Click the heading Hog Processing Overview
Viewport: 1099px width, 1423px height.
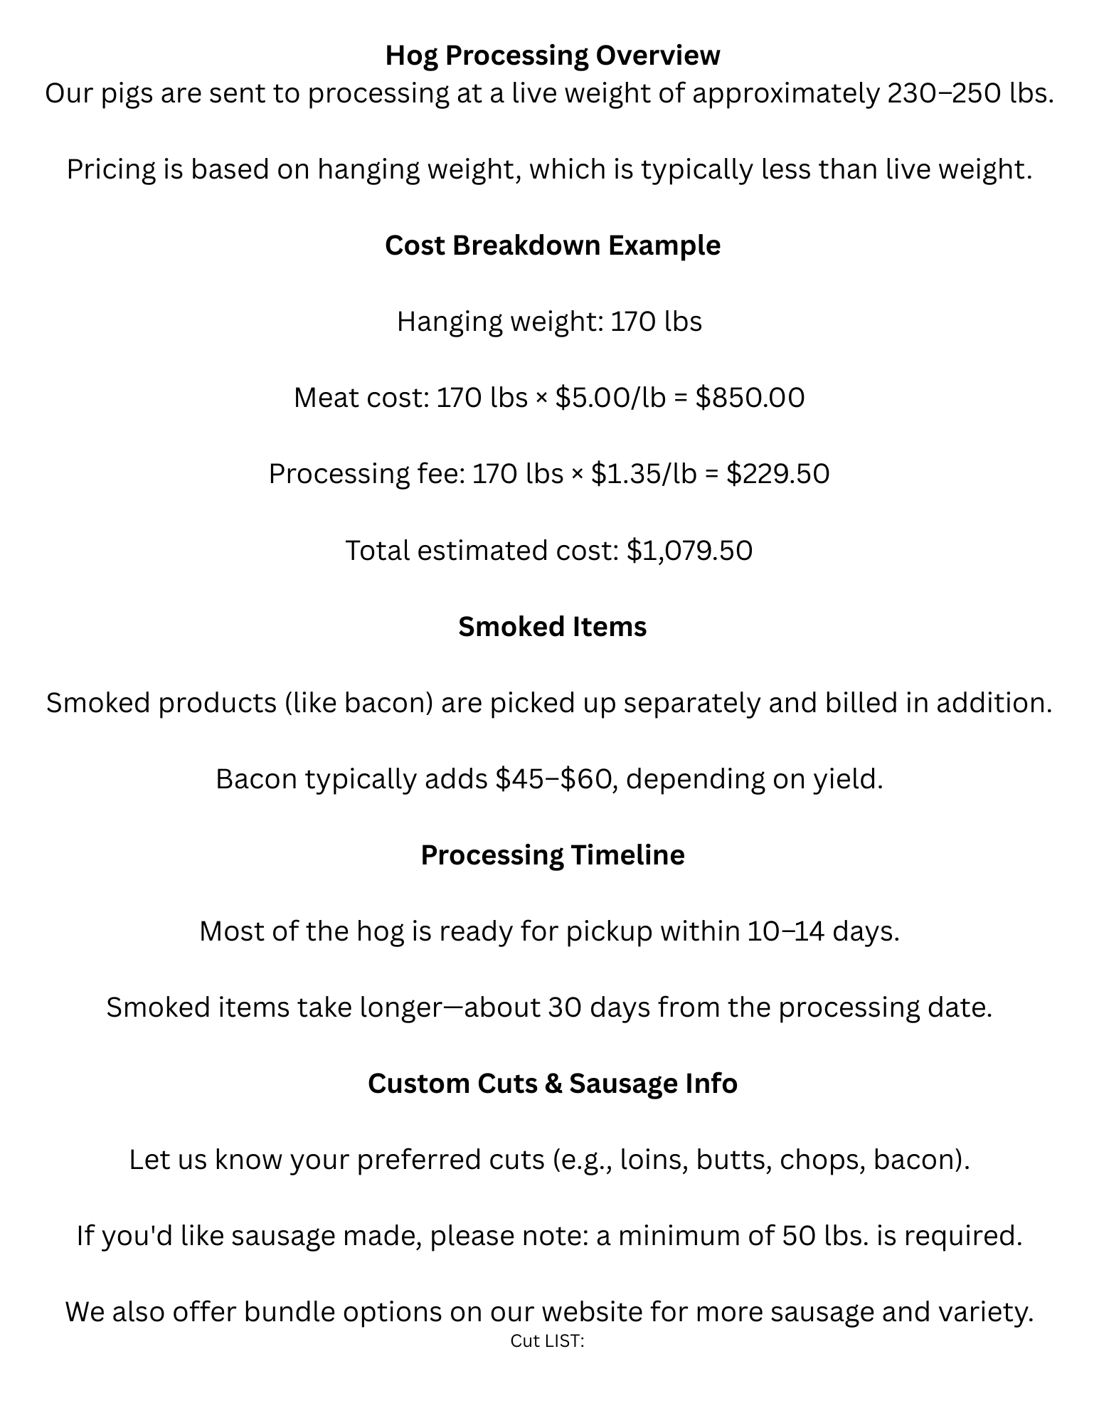pyautogui.click(x=552, y=55)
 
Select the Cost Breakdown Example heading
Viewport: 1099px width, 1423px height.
pyautogui.click(x=552, y=245)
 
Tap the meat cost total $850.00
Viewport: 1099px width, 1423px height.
pyautogui.click(x=750, y=398)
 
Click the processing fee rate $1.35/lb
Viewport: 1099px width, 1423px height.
pyautogui.click(x=644, y=474)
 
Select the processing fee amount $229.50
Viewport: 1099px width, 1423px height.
pyautogui.click(x=777, y=474)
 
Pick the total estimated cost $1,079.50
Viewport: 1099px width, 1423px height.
pyautogui.click(x=689, y=551)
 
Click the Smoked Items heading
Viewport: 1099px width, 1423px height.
pyautogui.click(x=552, y=627)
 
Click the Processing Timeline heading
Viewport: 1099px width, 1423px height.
pyautogui.click(x=552, y=855)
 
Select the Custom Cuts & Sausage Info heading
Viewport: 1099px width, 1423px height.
pyautogui.click(x=552, y=1084)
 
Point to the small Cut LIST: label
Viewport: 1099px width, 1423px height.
pyautogui.click(x=547, y=1341)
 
